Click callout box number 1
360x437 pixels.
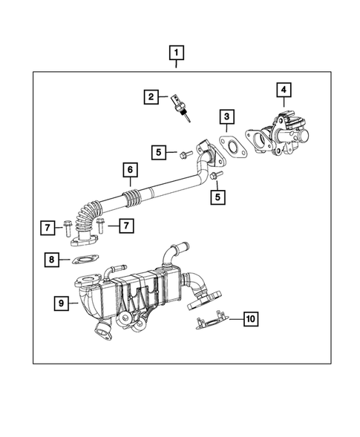[176, 53]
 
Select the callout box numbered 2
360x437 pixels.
[151, 96]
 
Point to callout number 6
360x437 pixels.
[129, 171]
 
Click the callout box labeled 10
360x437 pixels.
[250, 319]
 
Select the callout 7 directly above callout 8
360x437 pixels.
[46, 227]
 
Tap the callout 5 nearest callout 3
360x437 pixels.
[159, 153]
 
